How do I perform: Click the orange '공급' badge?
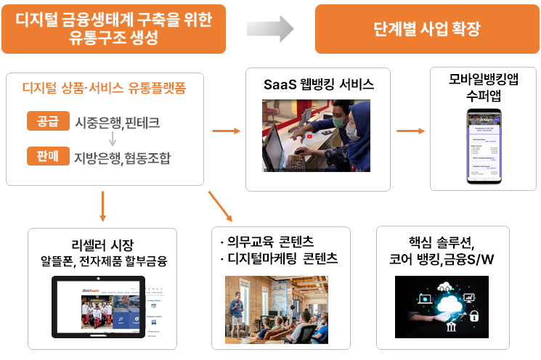[47, 121]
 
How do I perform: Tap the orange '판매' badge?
[47, 156]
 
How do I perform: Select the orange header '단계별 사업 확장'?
[426, 30]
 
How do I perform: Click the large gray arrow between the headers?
[269, 29]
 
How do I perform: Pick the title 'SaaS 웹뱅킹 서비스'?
[318, 84]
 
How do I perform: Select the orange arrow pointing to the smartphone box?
[412, 131]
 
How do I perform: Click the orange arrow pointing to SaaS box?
[227, 131]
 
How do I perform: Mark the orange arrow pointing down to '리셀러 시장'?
[102, 205]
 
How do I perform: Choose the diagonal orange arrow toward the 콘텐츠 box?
[220, 206]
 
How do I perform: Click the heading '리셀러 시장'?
[102, 244]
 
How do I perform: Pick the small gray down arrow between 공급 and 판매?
[113, 139]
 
